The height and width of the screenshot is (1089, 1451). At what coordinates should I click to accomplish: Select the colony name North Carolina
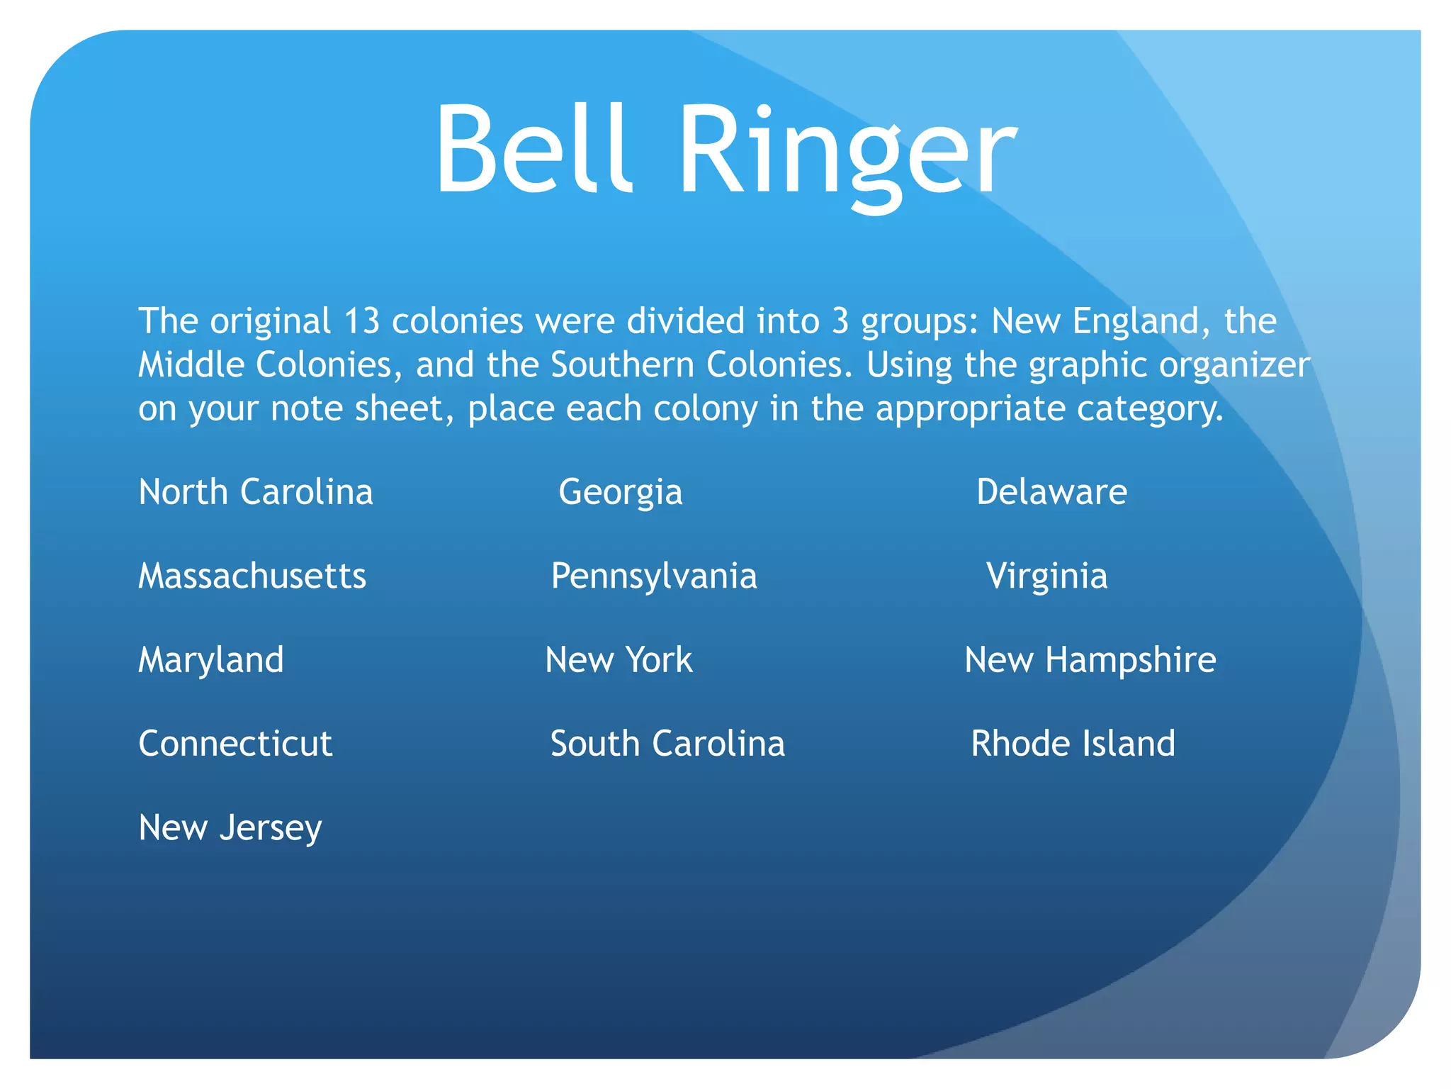[x=256, y=492]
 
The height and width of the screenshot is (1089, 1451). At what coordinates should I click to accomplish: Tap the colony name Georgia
[x=621, y=492]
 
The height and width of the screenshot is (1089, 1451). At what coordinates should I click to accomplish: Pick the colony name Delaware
[x=1051, y=492]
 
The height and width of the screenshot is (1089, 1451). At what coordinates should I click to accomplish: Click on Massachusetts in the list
[x=252, y=576]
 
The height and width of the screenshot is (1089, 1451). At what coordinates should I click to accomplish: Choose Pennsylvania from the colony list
[x=654, y=576]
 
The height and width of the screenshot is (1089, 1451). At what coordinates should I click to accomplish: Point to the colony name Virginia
[x=1046, y=576]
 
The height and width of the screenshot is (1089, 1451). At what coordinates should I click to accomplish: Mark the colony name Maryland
[x=211, y=660]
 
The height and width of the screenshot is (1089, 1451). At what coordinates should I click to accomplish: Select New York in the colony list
[x=619, y=660]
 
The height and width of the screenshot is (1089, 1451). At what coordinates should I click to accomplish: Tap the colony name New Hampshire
[x=1090, y=660]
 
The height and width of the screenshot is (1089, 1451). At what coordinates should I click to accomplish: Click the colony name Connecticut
[x=235, y=744]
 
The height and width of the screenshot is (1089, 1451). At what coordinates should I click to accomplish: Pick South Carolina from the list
[x=667, y=744]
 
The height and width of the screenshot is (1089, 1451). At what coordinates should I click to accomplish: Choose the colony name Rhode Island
[x=1073, y=744]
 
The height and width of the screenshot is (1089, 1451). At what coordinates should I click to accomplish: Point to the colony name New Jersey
[x=230, y=828]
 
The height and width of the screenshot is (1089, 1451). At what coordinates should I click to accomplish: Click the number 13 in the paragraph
[x=362, y=321]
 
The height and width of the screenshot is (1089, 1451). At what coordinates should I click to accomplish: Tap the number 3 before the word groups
[x=840, y=321]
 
